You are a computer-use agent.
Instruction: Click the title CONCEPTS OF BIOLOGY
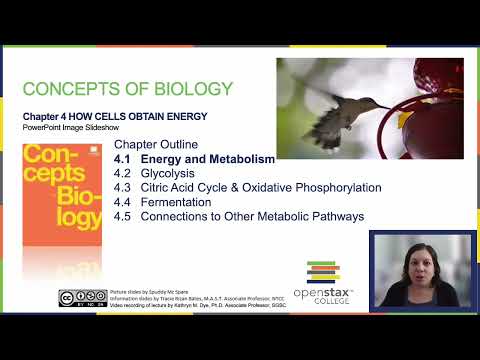point(127,88)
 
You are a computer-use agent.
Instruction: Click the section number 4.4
point(123,201)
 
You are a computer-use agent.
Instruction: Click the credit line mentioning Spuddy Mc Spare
point(151,292)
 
